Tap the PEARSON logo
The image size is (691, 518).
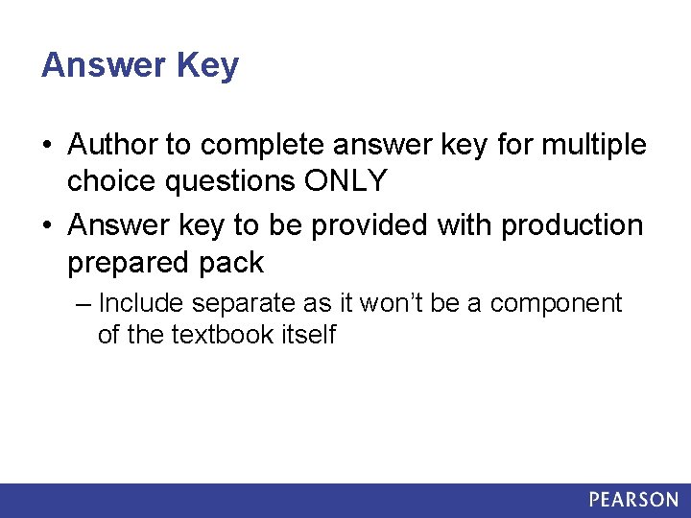pyautogui.click(x=633, y=500)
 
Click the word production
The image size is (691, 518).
pyautogui.click(x=572, y=226)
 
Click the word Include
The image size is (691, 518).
pyautogui.click(x=141, y=304)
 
